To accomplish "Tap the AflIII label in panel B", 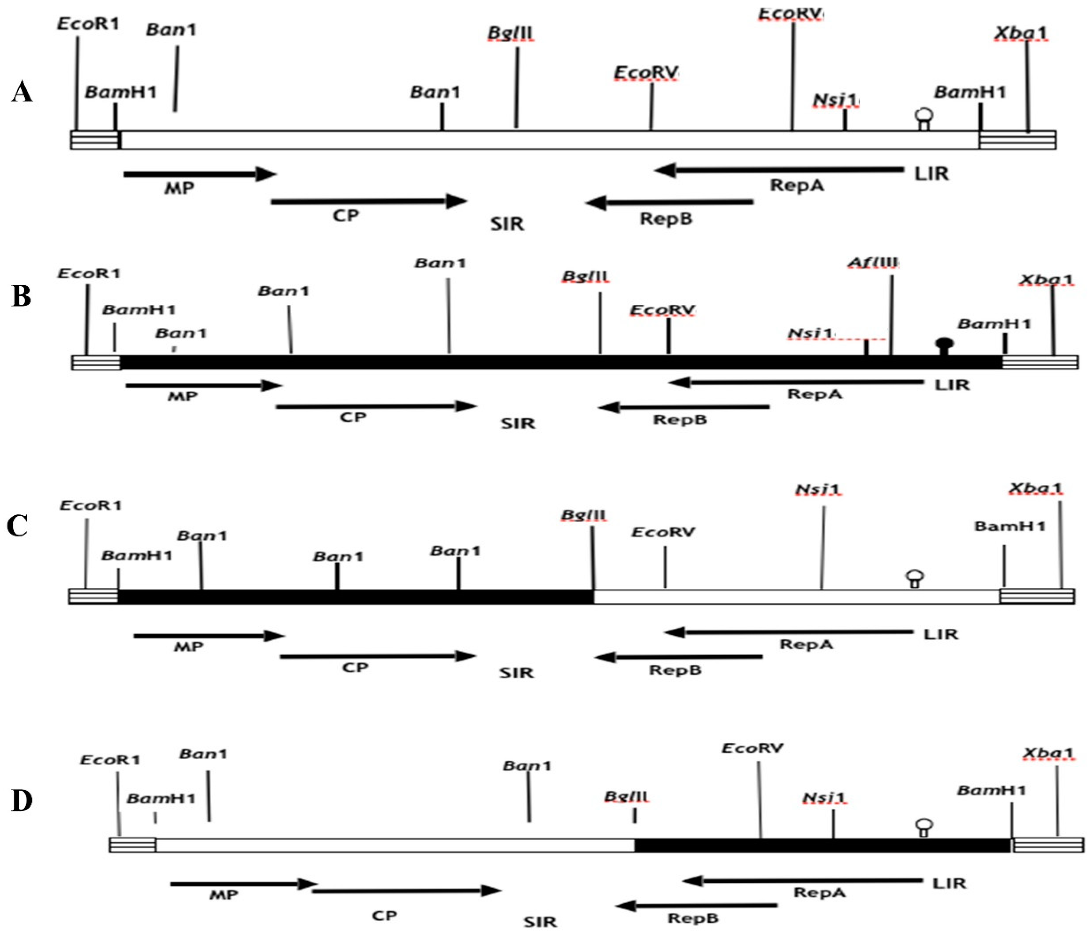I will tap(873, 262).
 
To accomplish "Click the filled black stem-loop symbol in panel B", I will tap(944, 346).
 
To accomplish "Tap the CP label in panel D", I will tap(384, 916).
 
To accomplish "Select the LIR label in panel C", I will tap(941, 634).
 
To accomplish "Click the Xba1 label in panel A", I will tap(1020, 33).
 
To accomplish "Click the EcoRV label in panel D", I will tap(752, 748).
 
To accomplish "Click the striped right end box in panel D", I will tap(1048, 845).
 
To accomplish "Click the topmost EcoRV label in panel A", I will tap(791, 14).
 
